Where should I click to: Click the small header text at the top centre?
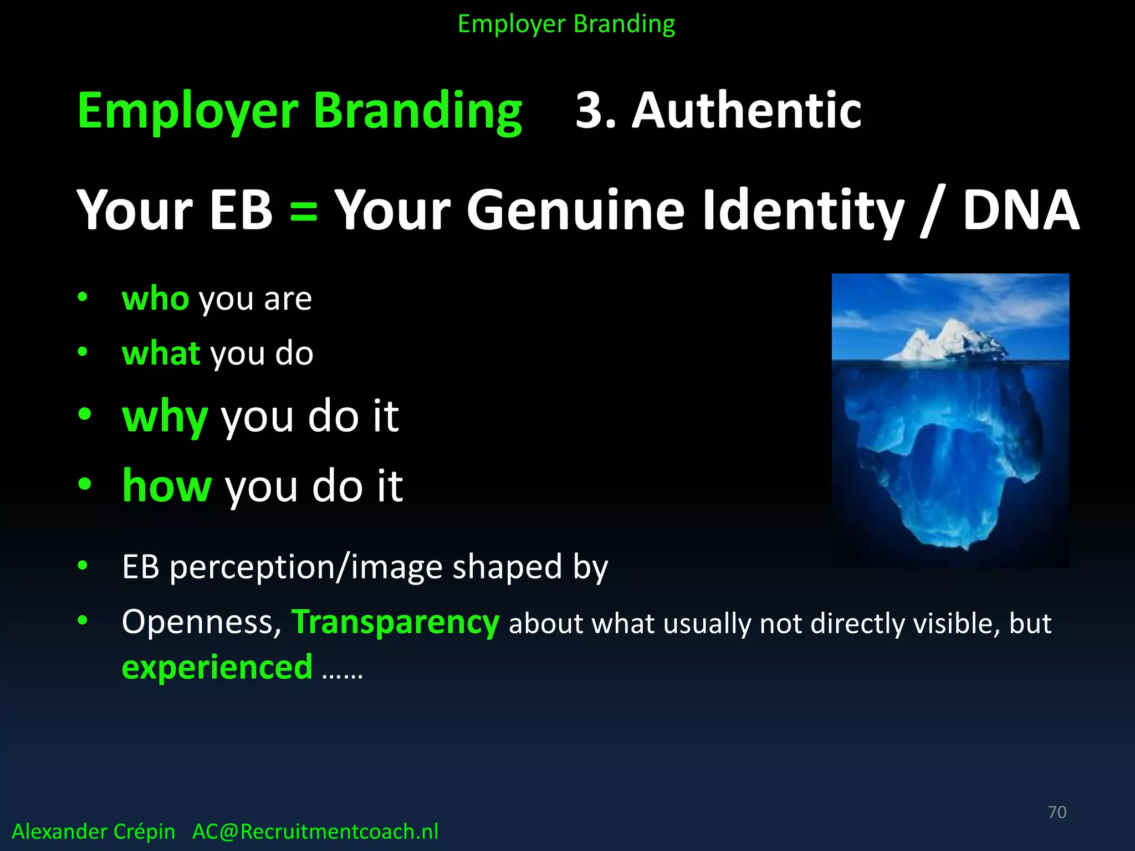[x=566, y=24]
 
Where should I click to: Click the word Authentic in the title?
[x=747, y=111]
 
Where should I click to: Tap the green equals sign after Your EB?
[x=304, y=211]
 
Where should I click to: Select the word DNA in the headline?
[x=1021, y=211]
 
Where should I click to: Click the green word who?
[x=155, y=299]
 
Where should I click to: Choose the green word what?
[x=161, y=353]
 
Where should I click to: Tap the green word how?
[x=166, y=486]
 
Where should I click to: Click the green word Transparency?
[x=395, y=623]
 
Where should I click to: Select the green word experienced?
[x=217, y=667]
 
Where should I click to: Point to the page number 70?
[x=1057, y=812]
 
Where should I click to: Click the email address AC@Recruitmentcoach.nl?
[x=315, y=832]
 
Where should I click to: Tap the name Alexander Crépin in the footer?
[x=93, y=832]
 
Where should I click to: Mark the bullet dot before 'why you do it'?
[x=84, y=414]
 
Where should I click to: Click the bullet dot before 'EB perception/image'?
[x=83, y=566]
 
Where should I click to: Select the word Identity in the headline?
[x=803, y=211]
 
